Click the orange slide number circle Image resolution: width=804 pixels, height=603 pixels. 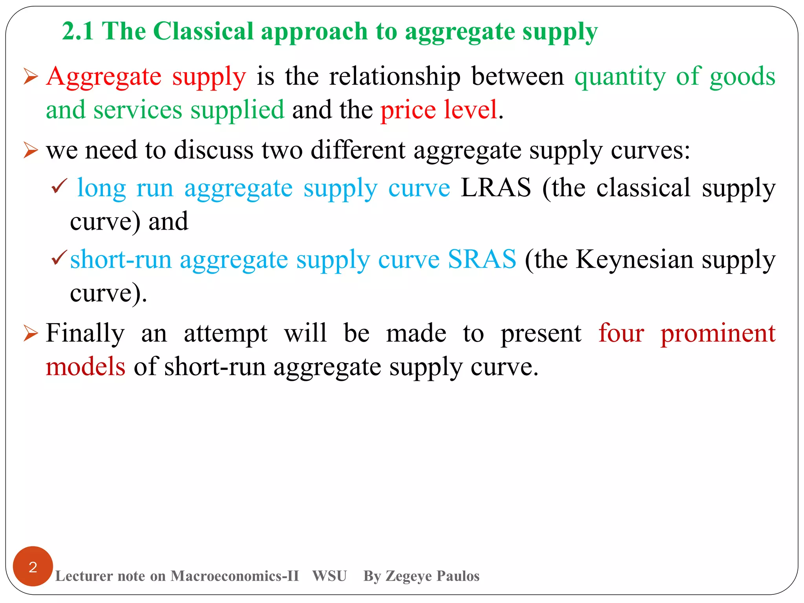click(x=33, y=566)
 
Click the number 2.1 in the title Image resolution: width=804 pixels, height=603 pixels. click(x=78, y=31)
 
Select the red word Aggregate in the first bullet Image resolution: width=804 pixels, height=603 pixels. click(x=104, y=77)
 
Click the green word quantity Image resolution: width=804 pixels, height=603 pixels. click(x=620, y=77)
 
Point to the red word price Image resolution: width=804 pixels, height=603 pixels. click(x=408, y=110)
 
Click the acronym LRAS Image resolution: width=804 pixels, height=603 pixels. click(x=496, y=188)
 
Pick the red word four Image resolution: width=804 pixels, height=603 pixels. click(x=621, y=333)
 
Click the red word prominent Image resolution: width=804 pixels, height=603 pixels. click(x=718, y=333)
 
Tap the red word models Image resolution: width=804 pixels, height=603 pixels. click(x=86, y=367)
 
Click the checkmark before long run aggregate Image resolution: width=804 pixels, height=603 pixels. click(x=59, y=186)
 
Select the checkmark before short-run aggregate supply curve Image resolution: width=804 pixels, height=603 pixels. click(x=59, y=258)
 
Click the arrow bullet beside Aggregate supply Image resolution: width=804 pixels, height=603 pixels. click(x=31, y=76)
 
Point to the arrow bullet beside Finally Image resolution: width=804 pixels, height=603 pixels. click(x=31, y=333)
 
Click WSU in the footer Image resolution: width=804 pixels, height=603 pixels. click(x=329, y=576)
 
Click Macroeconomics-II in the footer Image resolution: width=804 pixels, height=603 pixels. click(x=235, y=576)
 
